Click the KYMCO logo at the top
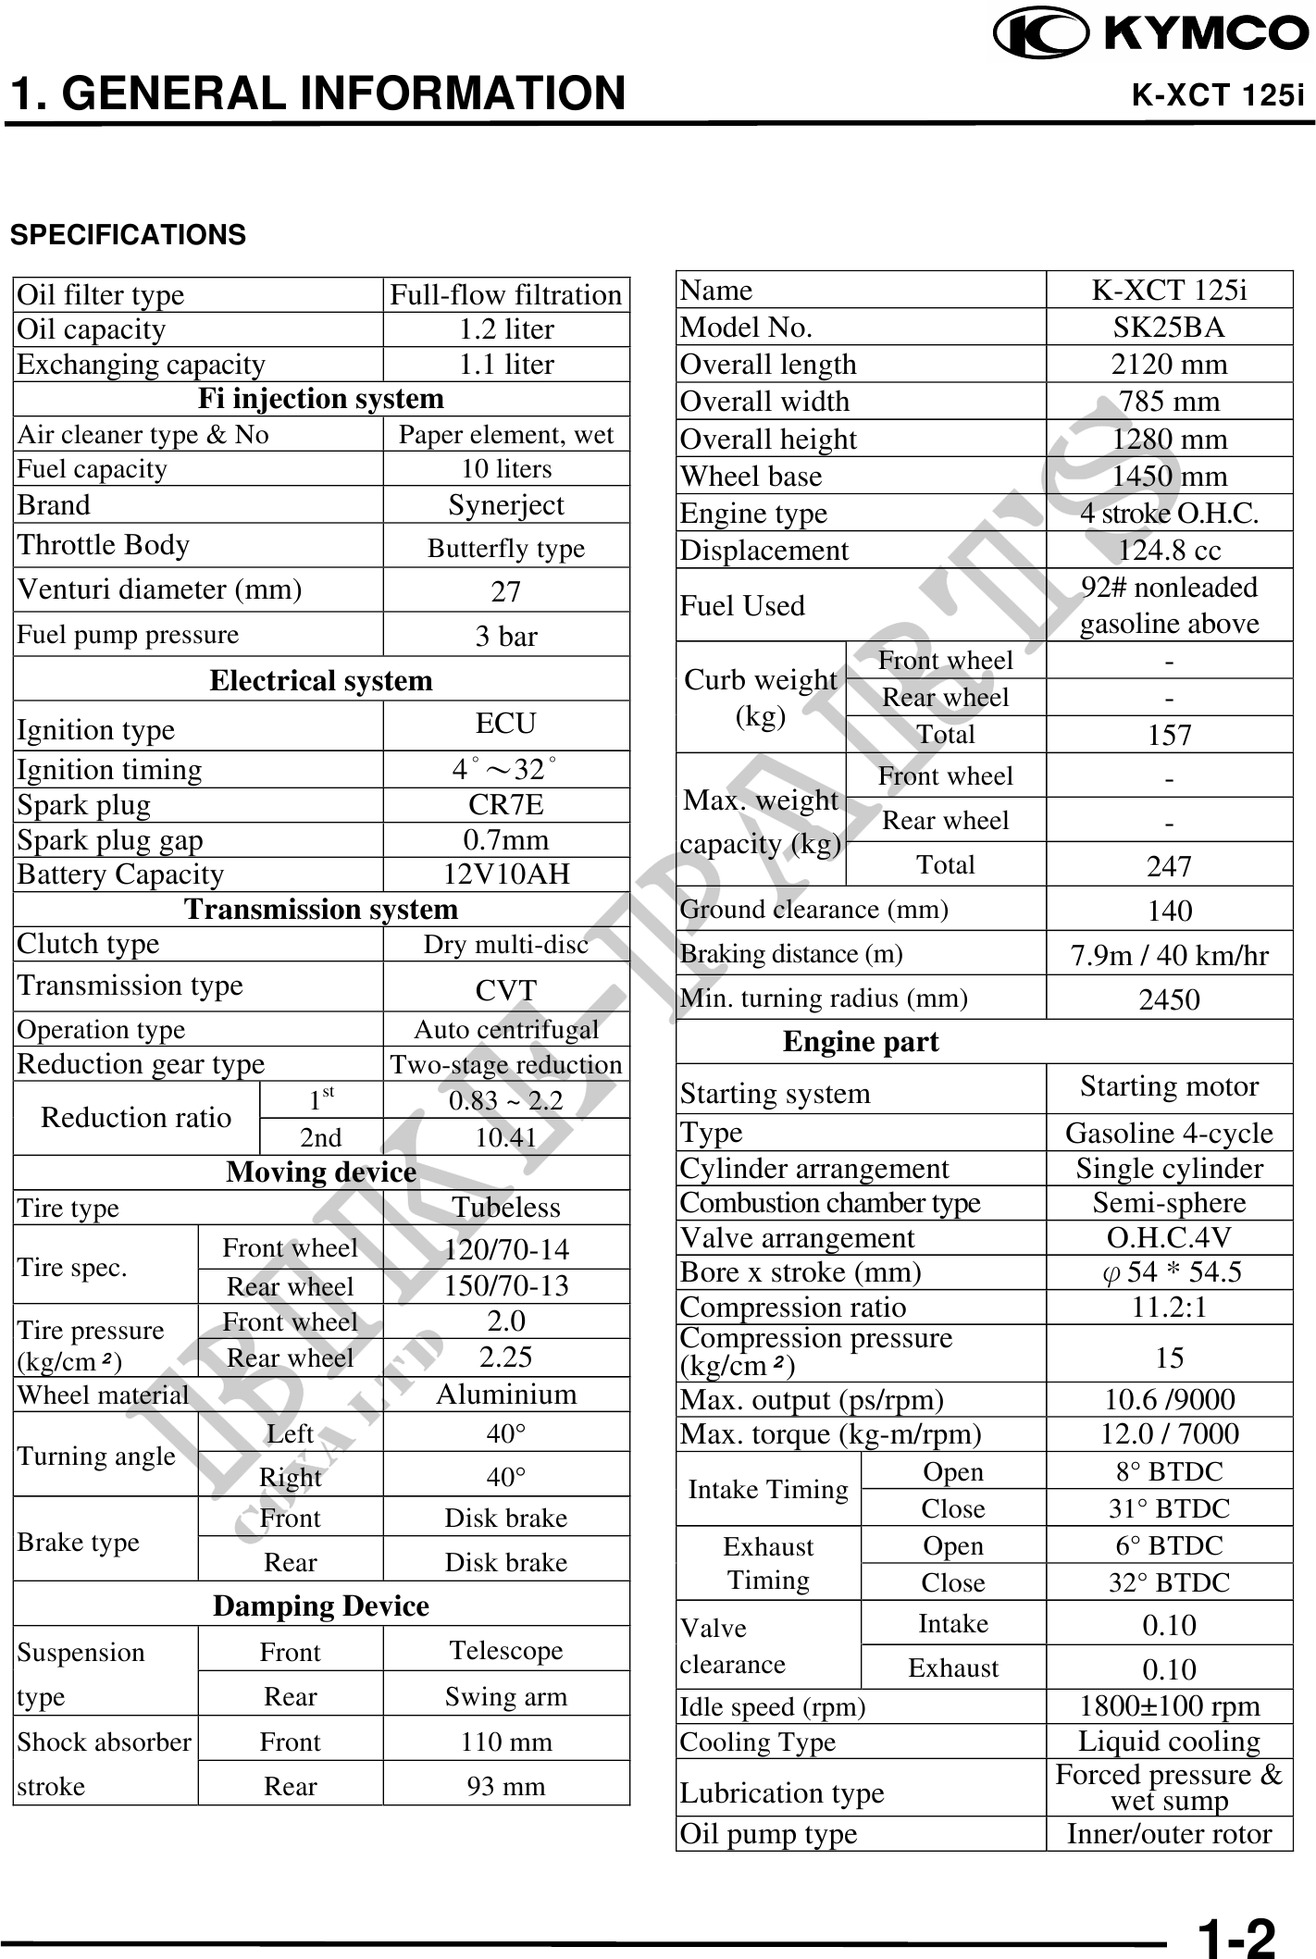click(x=1151, y=33)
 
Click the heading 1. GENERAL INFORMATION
click(x=317, y=93)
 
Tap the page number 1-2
click(x=1236, y=1936)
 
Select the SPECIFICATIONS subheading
click(x=129, y=235)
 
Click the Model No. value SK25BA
click(x=1169, y=328)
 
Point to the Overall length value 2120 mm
click(x=1169, y=365)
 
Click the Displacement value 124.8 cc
click(x=1169, y=551)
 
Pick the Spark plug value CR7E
click(x=505, y=805)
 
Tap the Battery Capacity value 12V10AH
click(x=505, y=874)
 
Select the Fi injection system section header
click(x=321, y=399)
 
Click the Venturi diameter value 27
click(x=505, y=591)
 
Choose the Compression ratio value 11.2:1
click(x=1169, y=1308)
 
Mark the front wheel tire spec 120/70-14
click(x=505, y=1250)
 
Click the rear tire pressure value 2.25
click(x=505, y=1358)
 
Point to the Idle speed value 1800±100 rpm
click(x=1169, y=1706)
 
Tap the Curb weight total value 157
click(x=1169, y=736)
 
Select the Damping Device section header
click(x=321, y=1606)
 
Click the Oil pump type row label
click(x=769, y=1834)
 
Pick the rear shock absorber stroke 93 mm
click(x=505, y=1786)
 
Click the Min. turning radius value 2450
click(x=1169, y=999)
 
